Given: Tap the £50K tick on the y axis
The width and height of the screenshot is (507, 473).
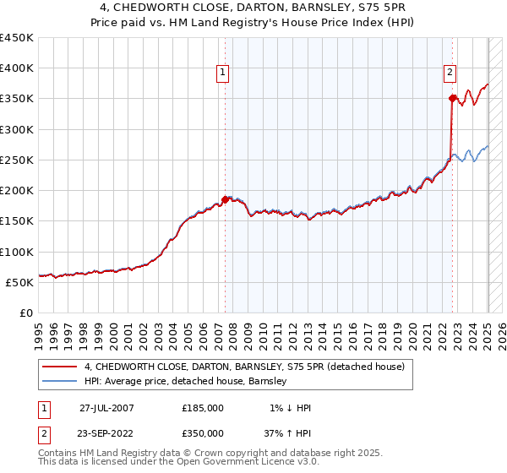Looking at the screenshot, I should click(x=19, y=282).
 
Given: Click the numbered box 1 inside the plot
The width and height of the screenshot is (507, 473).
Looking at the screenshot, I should click(x=222, y=73).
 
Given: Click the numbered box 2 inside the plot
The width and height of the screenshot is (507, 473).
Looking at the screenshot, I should click(x=450, y=73).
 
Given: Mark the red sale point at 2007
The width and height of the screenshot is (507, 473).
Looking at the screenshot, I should click(x=226, y=200).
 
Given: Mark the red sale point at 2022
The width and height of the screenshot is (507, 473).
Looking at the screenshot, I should click(x=453, y=99).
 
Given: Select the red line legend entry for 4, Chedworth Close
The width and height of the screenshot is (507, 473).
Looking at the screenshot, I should click(x=245, y=367).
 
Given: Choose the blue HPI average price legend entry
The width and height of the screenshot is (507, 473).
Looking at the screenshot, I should click(x=186, y=381).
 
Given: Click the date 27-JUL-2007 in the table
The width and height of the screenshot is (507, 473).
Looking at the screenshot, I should click(x=106, y=408).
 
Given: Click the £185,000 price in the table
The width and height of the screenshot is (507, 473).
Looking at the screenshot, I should click(x=203, y=408).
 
